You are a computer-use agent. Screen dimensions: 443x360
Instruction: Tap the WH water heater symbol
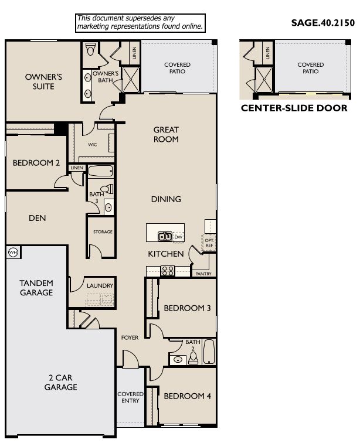click(13, 252)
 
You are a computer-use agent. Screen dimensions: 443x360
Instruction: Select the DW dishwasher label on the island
click(178, 237)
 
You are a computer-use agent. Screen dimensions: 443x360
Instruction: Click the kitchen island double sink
click(165, 237)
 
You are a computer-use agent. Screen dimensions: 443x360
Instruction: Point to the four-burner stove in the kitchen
click(167, 271)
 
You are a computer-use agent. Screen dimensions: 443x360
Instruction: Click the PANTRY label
click(203, 273)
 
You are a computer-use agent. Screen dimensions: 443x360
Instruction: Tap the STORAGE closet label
click(102, 232)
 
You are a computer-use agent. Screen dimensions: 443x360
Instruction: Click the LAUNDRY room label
click(100, 285)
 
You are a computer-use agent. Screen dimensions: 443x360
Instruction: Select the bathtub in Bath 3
click(101, 172)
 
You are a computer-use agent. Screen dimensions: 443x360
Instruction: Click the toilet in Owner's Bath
click(90, 49)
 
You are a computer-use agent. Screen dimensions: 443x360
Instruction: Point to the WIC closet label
click(92, 144)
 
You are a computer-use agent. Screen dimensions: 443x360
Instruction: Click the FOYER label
click(130, 338)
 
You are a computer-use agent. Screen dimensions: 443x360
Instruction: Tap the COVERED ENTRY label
click(130, 398)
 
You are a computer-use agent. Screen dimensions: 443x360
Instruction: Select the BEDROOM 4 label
click(187, 397)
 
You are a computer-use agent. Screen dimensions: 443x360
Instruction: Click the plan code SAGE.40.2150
click(322, 23)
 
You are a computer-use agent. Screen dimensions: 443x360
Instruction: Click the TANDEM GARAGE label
click(36, 287)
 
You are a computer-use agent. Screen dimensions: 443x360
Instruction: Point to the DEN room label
click(37, 218)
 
